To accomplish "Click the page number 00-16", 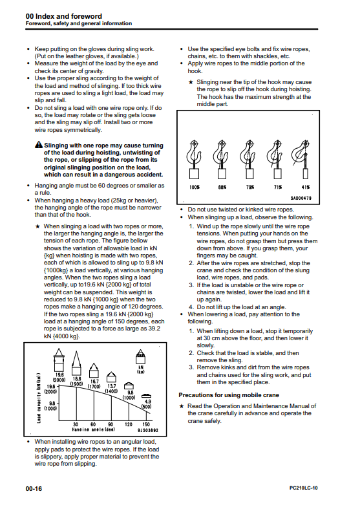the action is coord(34,488).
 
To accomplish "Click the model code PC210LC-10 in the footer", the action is coord(304,488).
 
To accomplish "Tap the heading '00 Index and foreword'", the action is coord(64,16).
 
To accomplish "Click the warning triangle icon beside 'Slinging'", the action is coord(39,145).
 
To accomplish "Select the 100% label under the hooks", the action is coord(195,188).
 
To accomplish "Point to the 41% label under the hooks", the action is coord(306,188).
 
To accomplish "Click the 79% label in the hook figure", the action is coord(250,188).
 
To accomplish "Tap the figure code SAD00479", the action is coord(301,198).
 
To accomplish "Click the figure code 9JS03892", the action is coord(148,430).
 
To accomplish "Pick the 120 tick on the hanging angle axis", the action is coord(129,424).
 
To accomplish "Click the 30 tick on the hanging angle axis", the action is coord(76,424).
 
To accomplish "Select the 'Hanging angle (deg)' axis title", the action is coord(94,429).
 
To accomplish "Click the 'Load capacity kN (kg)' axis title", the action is coord(39,398).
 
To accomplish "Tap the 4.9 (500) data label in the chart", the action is coord(146,404).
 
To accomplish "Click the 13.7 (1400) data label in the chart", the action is coord(111,389).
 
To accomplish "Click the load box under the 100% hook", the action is coord(195,174).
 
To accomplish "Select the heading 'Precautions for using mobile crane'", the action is coord(229,395).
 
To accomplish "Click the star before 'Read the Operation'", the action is coord(182,406).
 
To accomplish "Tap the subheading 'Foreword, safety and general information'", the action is coord(79,23).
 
